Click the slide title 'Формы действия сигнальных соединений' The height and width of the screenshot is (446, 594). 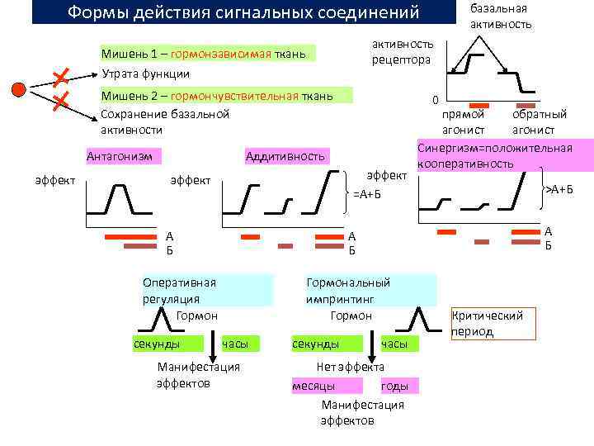[x=243, y=13]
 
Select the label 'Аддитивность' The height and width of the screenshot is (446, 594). [x=286, y=156]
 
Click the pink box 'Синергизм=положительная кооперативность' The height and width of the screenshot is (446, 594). [x=495, y=156]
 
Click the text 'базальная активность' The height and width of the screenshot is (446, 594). [x=500, y=16]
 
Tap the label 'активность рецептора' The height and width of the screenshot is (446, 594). [x=402, y=52]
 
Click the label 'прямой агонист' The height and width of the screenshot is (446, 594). [x=463, y=122]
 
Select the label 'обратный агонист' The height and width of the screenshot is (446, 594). [x=539, y=122]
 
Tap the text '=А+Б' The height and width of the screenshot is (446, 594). [x=367, y=194]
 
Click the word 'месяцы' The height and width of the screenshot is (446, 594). [x=313, y=386]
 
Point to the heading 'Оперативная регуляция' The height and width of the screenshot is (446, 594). [x=179, y=289]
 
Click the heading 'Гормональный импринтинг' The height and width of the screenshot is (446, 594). [x=347, y=289]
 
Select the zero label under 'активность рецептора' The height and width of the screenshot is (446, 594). [x=434, y=101]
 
